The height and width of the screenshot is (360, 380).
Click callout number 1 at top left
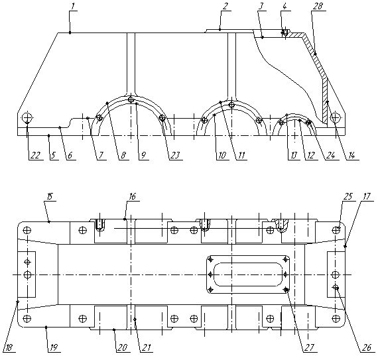[72, 7]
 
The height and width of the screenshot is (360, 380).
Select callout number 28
[318, 7]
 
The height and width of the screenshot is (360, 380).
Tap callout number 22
[35, 155]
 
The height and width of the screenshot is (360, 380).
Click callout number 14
[351, 155]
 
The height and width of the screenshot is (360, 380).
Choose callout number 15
[50, 196]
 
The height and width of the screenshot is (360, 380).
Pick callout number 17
[367, 196]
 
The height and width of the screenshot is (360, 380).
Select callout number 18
[8, 348]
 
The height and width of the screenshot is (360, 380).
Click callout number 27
[309, 347]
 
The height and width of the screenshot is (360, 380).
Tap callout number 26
[367, 348]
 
